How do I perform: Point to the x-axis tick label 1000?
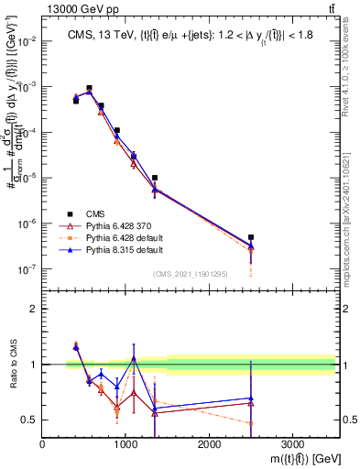125,444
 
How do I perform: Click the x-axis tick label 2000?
209,444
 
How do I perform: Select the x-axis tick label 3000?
292,444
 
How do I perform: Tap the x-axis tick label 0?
42,444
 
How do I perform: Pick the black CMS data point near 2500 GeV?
251,237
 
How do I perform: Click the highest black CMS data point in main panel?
89,88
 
